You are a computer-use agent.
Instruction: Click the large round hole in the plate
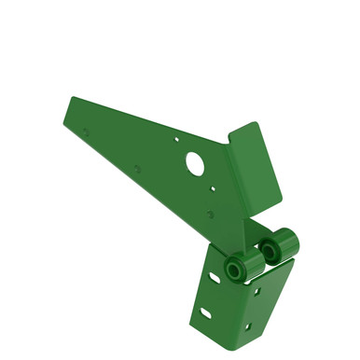tap(195, 162)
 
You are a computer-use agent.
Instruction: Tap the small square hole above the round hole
tap(177, 139)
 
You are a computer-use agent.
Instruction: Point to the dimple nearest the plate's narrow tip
tap(86, 132)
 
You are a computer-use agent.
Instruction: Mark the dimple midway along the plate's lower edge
tap(137, 170)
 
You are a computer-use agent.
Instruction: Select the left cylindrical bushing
tap(236, 268)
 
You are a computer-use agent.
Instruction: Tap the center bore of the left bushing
tap(233, 270)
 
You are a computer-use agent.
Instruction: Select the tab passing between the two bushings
tap(256, 262)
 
